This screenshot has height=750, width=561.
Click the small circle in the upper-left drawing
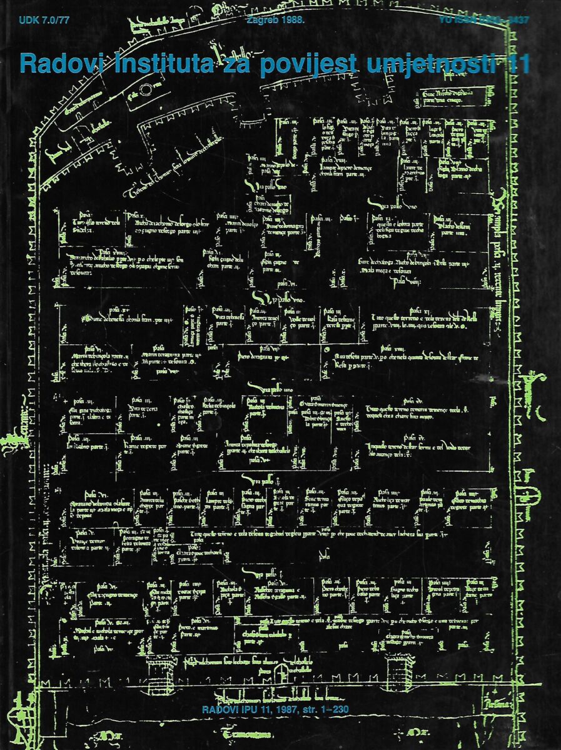pyautogui.click(x=146, y=90)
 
